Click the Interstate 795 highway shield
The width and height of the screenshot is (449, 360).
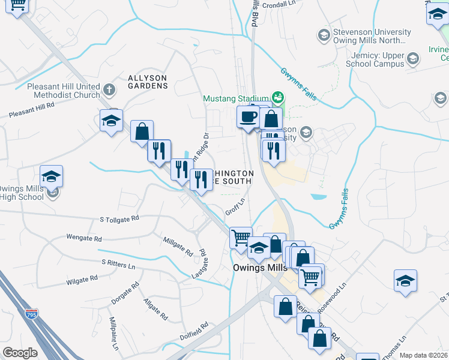point(30,313)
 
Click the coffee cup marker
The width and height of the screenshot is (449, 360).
point(247,116)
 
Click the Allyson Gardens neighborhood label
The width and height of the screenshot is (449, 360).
point(148,82)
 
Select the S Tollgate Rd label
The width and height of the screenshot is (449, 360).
point(120,219)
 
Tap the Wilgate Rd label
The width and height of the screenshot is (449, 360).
point(82,279)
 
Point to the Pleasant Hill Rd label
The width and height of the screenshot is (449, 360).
point(32,109)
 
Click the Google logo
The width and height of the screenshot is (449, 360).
point(20,352)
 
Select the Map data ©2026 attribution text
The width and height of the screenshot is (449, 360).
point(423,355)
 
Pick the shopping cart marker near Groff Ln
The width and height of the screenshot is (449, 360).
point(241,238)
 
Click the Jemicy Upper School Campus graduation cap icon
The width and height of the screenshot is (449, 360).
point(412,58)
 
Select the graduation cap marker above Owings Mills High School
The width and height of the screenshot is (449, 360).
point(52,176)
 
